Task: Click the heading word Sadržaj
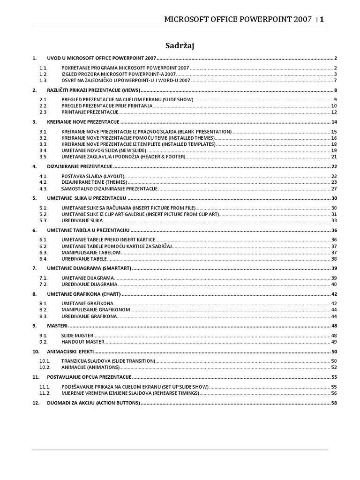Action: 180,45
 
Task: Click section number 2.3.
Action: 44,112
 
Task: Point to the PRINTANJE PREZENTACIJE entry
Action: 89,112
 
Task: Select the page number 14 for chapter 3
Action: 334,122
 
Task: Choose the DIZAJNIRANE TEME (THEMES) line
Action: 94,182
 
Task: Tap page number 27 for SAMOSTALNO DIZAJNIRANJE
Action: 334,188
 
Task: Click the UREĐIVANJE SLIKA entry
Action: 82,220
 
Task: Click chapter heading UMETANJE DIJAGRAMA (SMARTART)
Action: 90,268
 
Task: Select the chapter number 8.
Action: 34,294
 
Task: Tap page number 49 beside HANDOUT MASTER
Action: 334,342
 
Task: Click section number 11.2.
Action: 45,393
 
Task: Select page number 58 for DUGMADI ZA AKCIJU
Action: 334,403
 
